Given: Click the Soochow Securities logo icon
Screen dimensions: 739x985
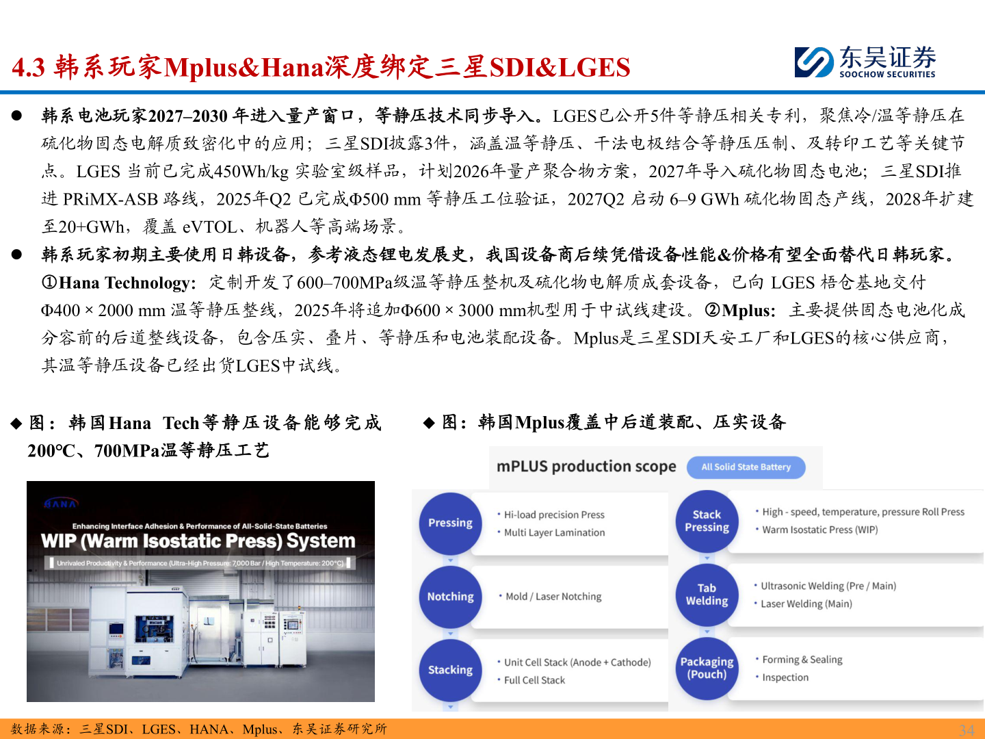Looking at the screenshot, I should point(814,62).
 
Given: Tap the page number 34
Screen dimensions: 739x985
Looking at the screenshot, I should point(966,729).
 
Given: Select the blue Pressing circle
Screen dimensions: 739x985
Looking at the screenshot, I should point(450,523).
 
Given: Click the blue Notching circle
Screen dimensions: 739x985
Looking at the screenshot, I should point(450,597).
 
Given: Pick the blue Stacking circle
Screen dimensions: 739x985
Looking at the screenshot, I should point(450,670).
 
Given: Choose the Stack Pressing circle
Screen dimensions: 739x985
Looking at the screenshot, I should point(707,521).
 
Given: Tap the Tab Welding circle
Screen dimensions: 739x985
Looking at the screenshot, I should point(707,595).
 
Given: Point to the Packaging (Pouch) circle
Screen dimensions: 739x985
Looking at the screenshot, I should point(707,668).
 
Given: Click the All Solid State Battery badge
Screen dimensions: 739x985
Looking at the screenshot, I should point(746,467).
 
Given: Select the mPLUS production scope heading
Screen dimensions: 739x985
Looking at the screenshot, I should point(586,467).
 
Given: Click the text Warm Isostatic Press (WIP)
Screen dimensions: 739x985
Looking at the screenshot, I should point(819,530).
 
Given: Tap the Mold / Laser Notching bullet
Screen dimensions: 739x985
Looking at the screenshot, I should point(553,597).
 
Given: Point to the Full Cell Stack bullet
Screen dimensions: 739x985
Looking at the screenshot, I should point(534,680).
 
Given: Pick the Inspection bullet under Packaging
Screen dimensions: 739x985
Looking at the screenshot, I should point(785,677).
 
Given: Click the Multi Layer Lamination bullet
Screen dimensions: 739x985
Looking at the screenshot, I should point(554,532).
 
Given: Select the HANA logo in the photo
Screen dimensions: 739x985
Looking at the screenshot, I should point(61,504).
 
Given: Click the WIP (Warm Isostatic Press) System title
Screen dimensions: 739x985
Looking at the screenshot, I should point(198,541).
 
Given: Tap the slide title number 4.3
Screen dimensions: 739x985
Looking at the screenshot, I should point(29,67).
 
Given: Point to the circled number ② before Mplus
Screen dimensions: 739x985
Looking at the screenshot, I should point(712,311).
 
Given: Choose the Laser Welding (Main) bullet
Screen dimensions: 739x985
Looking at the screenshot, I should point(806,604).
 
